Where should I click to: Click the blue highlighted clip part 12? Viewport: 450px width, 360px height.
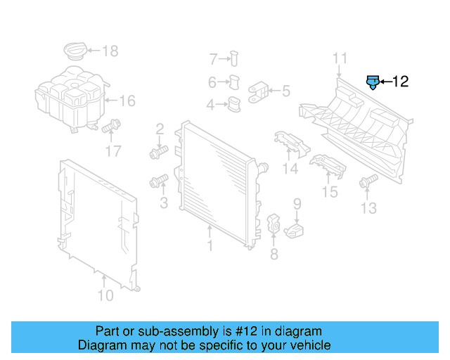coord(373,82)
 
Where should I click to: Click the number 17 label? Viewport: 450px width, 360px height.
coord(113,151)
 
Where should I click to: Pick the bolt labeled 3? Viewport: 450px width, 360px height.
coord(157,183)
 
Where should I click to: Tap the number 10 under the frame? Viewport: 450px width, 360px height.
coord(105,295)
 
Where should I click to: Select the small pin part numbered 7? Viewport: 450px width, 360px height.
coord(234,58)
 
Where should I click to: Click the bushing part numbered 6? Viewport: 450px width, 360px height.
coord(235,82)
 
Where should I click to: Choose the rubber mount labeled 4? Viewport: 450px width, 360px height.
coord(233,105)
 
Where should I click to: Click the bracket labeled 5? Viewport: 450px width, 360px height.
coord(259,91)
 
